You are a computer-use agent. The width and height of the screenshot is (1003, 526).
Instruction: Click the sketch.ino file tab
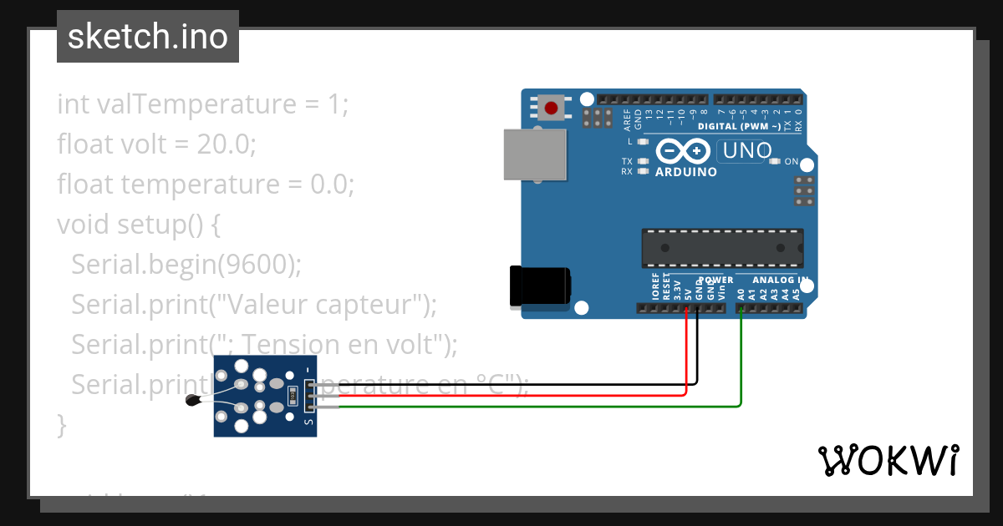[x=148, y=37]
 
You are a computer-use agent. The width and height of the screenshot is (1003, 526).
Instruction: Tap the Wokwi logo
[x=888, y=460]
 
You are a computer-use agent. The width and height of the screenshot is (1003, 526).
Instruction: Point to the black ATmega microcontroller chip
[x=722, y=248]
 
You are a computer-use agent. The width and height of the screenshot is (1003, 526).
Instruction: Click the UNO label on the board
[x=746, y=151]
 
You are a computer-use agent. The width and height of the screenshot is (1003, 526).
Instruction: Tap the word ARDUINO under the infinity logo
[x=685, y=172]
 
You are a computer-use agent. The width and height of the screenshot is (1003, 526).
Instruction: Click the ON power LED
[x=774, y=161]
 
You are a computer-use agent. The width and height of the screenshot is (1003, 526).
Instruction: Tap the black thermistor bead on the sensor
[x=193, y=401]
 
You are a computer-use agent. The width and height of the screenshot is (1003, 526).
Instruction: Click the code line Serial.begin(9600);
[x=186, y=264]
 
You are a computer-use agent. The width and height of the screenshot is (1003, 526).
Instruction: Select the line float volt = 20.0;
[x=156, y=144]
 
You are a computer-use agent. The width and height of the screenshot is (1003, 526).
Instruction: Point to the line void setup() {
[x=138, y=225]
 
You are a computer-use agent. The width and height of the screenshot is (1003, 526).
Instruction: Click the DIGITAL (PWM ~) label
[x=739, y=126]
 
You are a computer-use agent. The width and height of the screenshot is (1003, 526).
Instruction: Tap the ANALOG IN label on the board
[x=780, y=280]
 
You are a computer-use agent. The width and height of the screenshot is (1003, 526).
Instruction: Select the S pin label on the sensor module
[x=308, y=422]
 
